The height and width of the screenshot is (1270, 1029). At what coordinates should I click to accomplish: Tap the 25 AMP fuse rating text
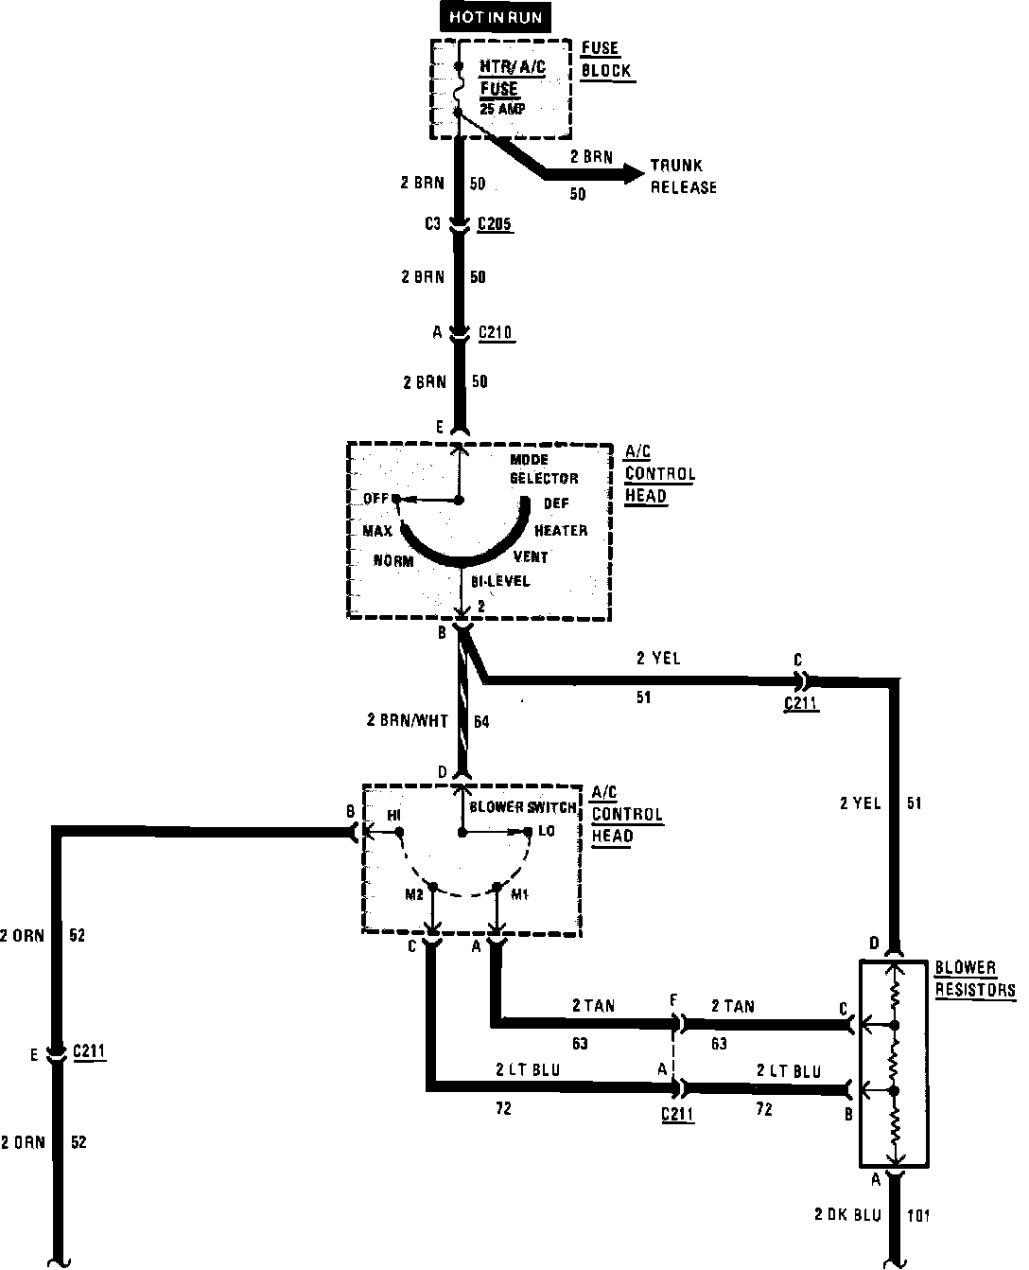pyautogui.click(x=502, y=108)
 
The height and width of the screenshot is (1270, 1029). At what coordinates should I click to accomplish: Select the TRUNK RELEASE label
pyautogui.click(x=682, y=176)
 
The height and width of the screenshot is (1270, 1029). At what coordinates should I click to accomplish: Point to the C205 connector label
pyautogui.click(x=497, y=224)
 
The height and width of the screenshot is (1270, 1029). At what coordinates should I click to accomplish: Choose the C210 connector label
pyautogui.click(x=497, y=332)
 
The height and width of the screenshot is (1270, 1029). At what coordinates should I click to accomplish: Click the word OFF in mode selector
pyautogui.click(x=375, y=498)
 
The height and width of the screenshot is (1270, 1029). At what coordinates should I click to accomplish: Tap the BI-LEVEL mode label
pyautogui.click(x=501, y=580)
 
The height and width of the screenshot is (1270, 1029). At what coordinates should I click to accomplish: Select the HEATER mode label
pyautogui.click(x=561, y=530)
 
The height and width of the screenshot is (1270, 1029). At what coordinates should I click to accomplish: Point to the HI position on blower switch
pyautogui.click(x=394, y=815)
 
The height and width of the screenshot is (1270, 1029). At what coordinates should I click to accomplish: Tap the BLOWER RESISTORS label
pyautogui.click(x=974, y=979)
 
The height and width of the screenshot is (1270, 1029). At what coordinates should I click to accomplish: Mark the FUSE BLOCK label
pyautogui.click(x=605, y=61)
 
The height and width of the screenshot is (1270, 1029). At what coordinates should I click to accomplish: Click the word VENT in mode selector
pyautogui.click(x=531, y=556)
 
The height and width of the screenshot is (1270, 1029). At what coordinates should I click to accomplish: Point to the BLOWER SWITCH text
pyautogui.click(x=522, y=807)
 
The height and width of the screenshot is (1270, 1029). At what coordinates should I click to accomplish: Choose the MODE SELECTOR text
pyautogui.click(x=543, y=468)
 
